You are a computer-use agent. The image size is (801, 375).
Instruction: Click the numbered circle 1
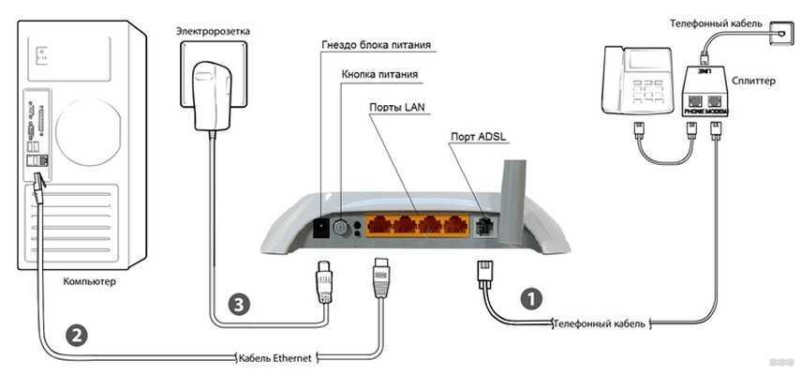(530, 299)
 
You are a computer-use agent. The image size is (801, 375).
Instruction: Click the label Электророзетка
(213, 31)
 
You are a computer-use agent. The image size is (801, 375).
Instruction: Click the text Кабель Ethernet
(277, 357)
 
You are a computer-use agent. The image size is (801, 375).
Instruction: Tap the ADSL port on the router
(483, 225)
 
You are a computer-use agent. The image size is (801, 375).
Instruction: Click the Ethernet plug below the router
(381, 277)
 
